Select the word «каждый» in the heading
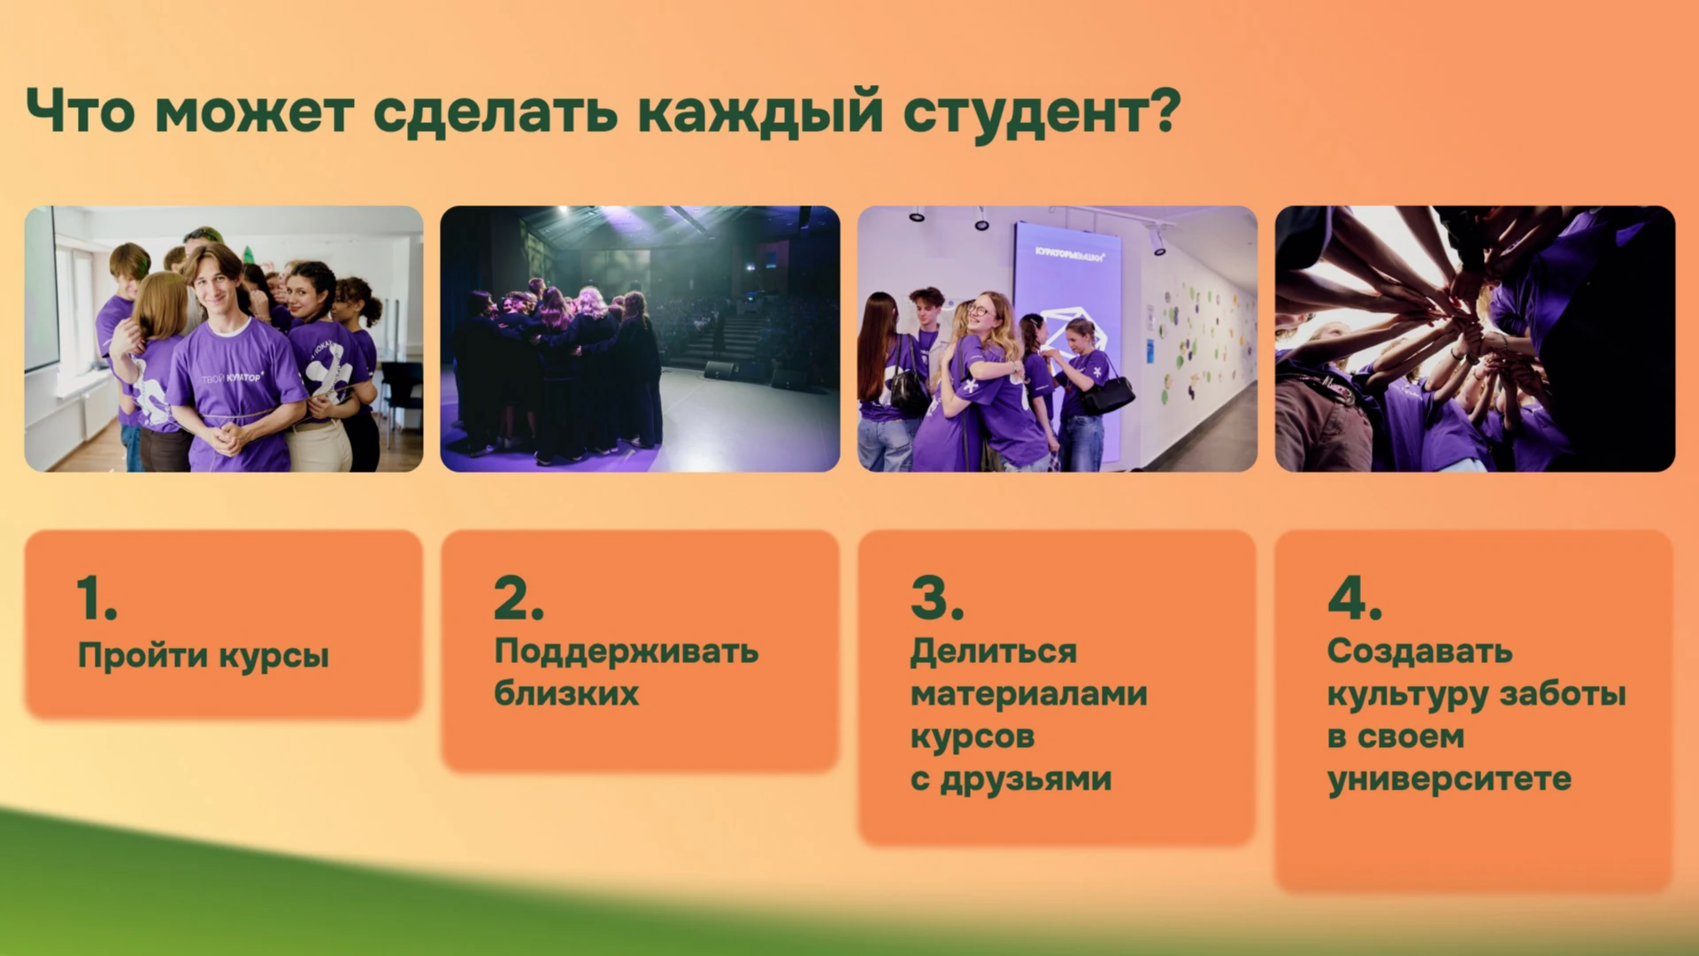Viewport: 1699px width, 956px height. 761,112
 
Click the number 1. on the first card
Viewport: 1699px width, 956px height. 96,597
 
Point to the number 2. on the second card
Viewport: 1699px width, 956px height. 519,597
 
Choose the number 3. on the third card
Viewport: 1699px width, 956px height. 937,597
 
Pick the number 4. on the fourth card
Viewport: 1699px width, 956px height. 1355,597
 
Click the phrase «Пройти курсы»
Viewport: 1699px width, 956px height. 204,656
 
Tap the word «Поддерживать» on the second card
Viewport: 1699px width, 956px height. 627,652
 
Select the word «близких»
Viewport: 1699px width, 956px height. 566,692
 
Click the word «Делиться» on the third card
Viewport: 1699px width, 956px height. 994,652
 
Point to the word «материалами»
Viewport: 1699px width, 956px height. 1029,694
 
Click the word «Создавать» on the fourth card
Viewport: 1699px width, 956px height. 1420,652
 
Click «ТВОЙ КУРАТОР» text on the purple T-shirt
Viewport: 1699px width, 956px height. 232,378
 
